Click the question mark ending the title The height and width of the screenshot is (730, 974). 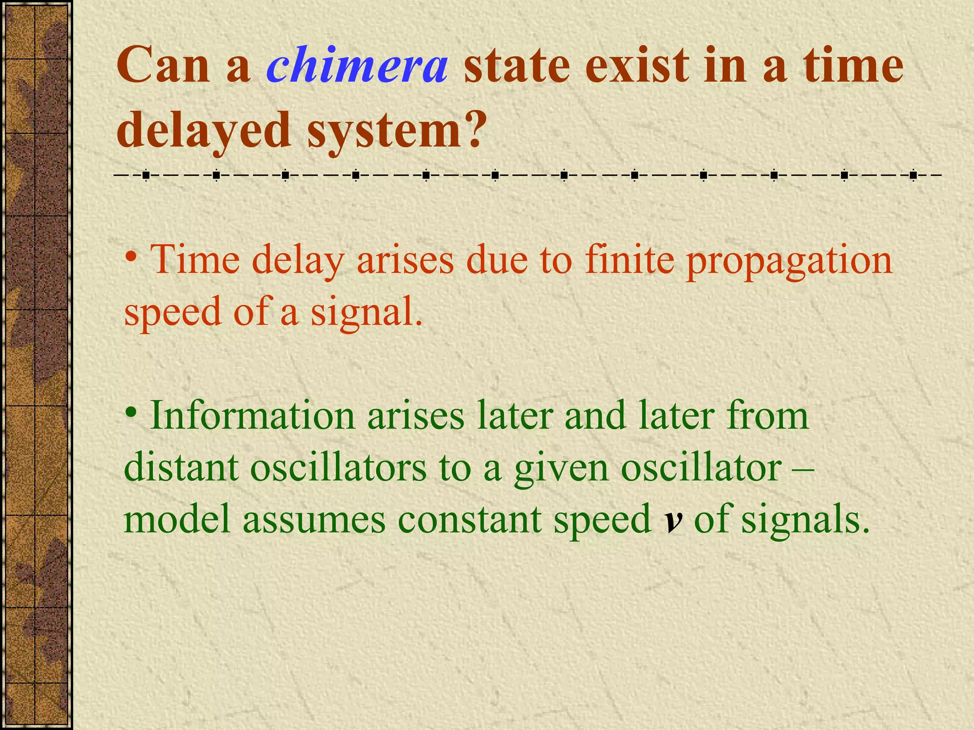pos(471,128)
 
